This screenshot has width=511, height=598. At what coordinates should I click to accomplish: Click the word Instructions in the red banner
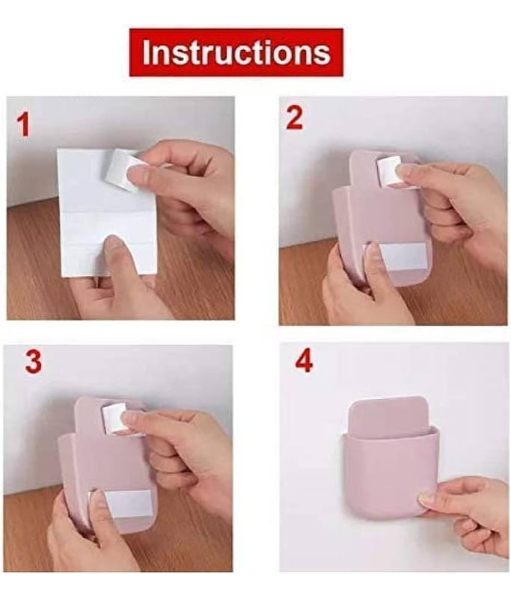click(x=236, y=52)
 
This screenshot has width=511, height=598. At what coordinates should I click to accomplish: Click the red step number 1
click(x=23, y=126)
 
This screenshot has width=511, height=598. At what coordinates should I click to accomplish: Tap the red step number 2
click(x=294, y=118)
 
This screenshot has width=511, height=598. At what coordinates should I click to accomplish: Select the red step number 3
click(x=33, y=362)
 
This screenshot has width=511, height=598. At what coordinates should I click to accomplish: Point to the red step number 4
click(x=305, y=361)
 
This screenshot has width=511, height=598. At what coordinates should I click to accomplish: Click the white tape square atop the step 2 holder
click(x=390, y=172)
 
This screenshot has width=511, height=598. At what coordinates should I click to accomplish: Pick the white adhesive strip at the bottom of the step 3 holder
click(x=121, y=503)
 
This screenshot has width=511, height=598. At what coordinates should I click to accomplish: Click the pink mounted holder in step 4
click(x=389, y=457)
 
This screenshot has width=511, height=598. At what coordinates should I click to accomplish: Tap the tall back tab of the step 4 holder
click(x=388, y=415)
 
